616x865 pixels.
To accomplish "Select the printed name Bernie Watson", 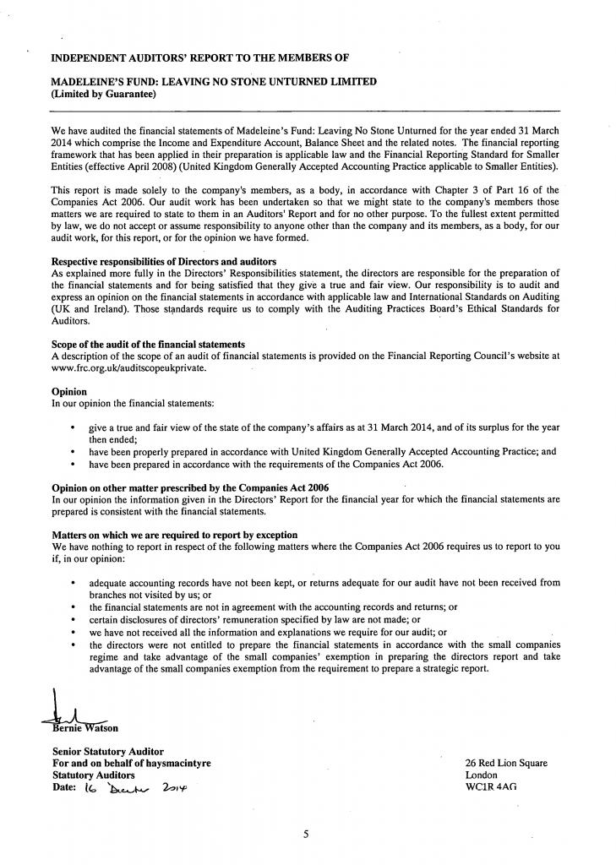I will pyautogui.click(x=84, y=728).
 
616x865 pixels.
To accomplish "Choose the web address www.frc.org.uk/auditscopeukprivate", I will pyautogui.click(x=128, y=368).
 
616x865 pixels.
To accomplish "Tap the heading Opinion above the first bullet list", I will pyautogui.click(x=69, y=392).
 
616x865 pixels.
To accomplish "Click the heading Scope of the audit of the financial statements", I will pyautogui.click(x=149, y=345).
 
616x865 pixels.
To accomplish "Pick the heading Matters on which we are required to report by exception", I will pyautogui.click(x=174, y=535).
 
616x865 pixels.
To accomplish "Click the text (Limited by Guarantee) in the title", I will pyautogui.click(x=105, y=94).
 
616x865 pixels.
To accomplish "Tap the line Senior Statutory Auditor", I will pyautogui.click(x=108, y=751).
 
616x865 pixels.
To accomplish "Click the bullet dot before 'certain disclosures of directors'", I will pyautogui.click(x=74, y=619).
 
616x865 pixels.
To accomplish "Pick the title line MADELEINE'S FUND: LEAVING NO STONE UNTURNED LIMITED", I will pyautogui.click(x=215, y=81).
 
